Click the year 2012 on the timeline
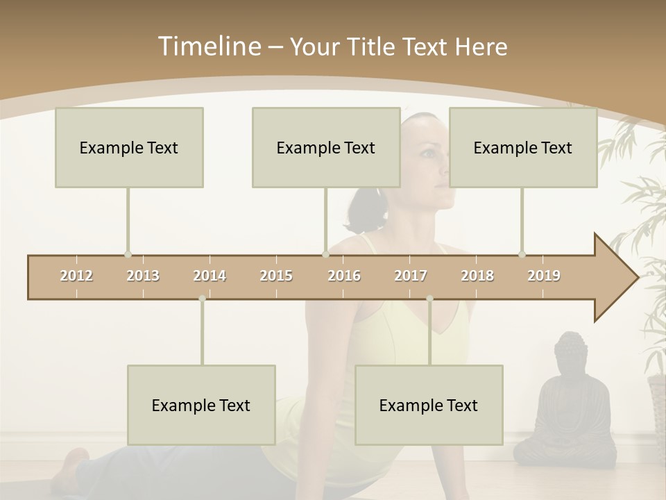point(76,276)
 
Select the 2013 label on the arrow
point(143,276)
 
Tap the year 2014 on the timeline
point(210,276)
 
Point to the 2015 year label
point(276,276)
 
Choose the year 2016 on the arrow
point(344,276)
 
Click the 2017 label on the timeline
point(411,276)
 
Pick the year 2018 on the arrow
point(477,276)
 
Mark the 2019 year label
point(544,276)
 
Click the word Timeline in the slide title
point(209,47)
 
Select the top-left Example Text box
point(129,147)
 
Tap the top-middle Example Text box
point(326,147)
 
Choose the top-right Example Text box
point(523,147)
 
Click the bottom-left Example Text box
point(201,405)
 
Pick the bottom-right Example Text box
point(429,405)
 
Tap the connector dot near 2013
point(128,254)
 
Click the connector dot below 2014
point(202,299)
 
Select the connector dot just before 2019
point(522,254)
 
